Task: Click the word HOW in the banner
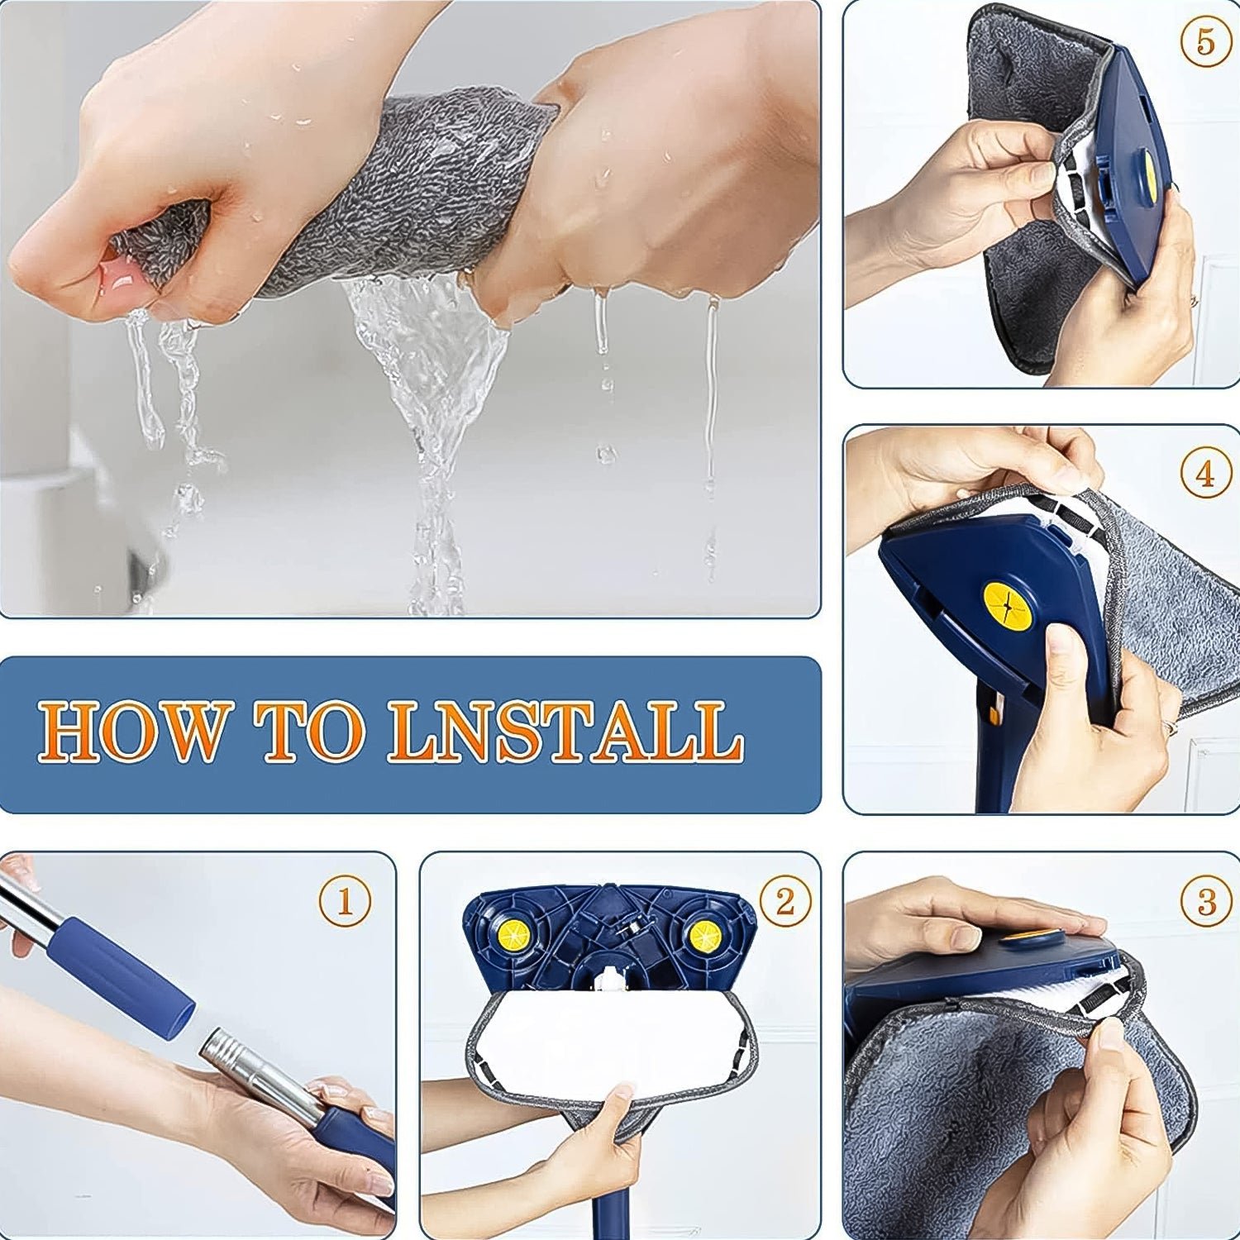[132, 732]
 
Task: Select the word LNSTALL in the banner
[566, 732]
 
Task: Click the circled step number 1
[345, 900]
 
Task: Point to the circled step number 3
[1206, 900]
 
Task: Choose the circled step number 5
[1205, 41]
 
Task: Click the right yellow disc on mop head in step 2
[704, 937]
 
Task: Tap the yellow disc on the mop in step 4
[1008, 606]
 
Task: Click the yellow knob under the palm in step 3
[1029, 941]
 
